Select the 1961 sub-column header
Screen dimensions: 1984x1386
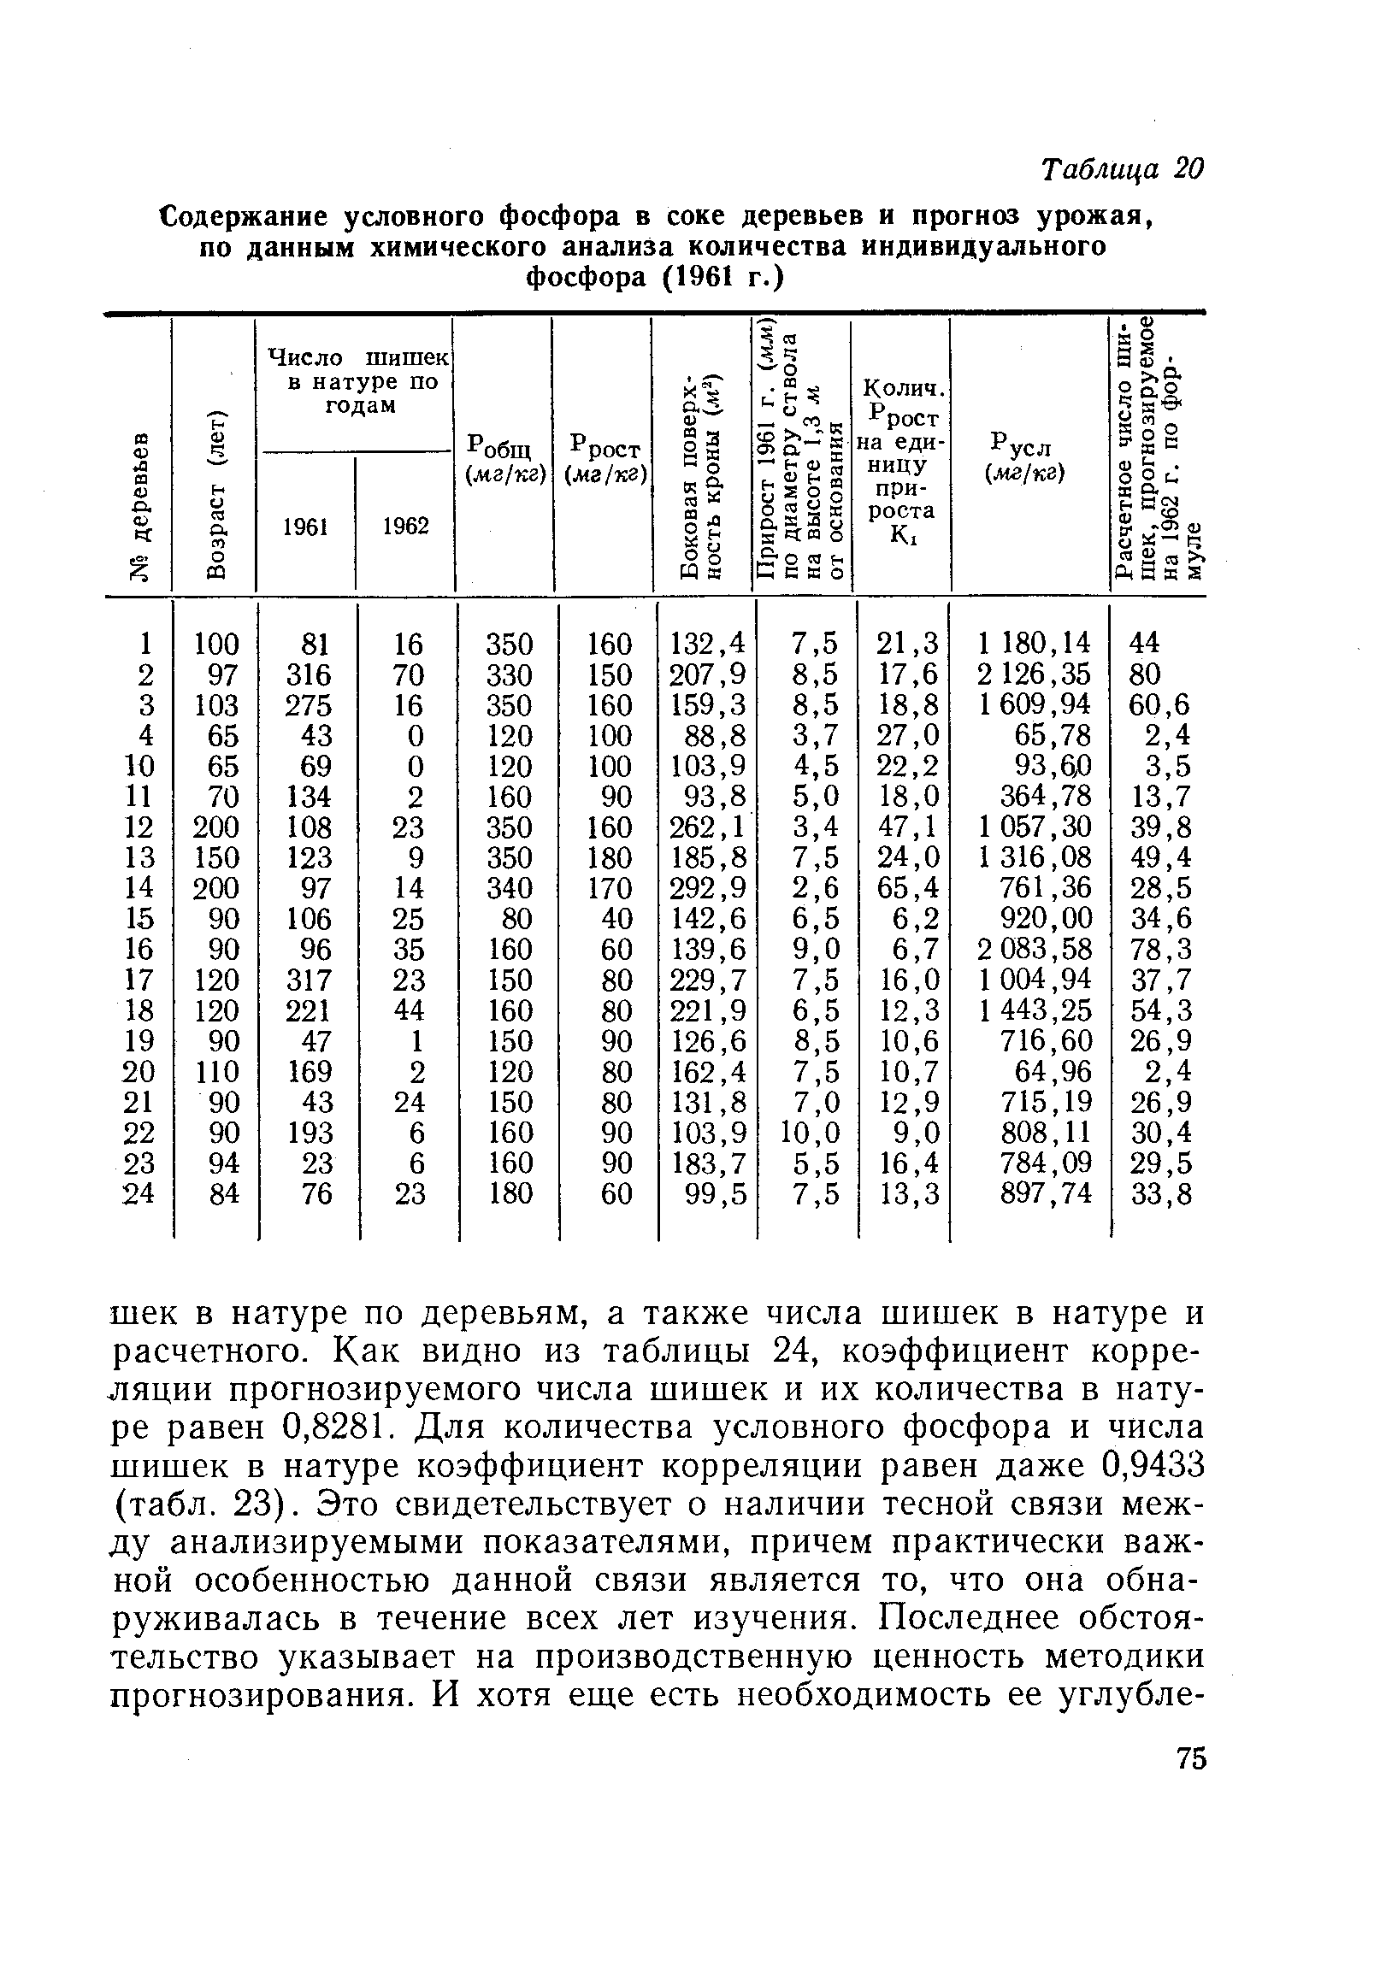click(x=306, y=527)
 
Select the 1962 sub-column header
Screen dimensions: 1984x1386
click(x=405, y=527)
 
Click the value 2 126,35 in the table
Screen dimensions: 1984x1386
click(x=1035, y=674)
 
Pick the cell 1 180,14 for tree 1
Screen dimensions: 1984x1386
click(x=1035, y=643)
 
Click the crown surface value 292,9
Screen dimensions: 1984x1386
click(x=707, y=887)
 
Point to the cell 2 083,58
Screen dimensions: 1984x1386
click(x=1035, y=949)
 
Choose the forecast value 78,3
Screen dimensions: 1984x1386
click(x=1160, y=949)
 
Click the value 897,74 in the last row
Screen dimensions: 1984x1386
click(x=1045, y=1193)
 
